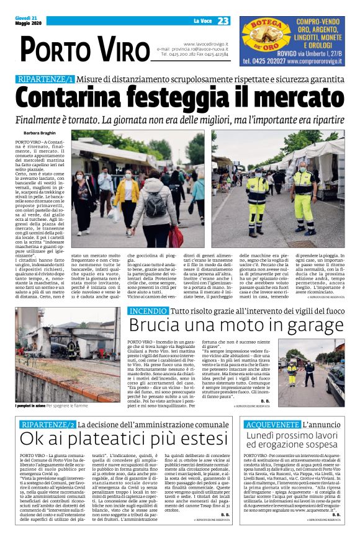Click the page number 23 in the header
click(223, 21)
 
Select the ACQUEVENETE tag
click(272, 425)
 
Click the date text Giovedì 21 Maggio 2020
click(25, 21)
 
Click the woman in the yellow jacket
click(127, 198)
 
